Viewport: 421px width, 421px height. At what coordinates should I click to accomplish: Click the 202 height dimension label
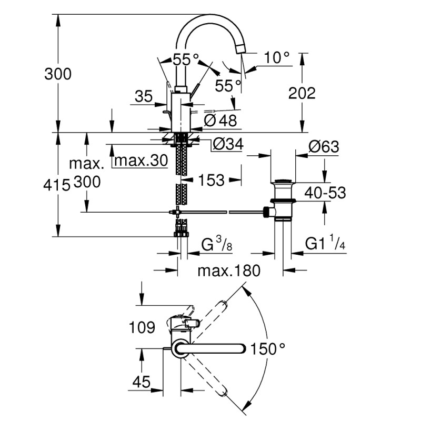click(302, 93)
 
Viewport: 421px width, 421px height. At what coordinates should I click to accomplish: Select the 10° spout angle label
click(277, 57)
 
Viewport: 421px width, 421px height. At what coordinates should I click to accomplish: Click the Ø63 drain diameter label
click(323, 147)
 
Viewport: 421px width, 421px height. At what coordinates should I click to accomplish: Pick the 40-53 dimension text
click(326, 193)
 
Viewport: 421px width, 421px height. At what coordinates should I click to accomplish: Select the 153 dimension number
click(212, 180)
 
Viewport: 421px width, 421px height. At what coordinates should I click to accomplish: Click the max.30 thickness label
click(141, 160)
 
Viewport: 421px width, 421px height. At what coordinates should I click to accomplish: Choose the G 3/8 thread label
click(216, 245)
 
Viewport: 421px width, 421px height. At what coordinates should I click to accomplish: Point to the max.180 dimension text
click(229, 271)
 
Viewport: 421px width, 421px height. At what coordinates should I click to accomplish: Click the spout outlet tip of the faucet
click(240, 48)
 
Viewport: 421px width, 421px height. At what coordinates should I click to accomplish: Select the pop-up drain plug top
click(283, 183)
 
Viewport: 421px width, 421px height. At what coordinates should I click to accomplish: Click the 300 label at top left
click(58, 74)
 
